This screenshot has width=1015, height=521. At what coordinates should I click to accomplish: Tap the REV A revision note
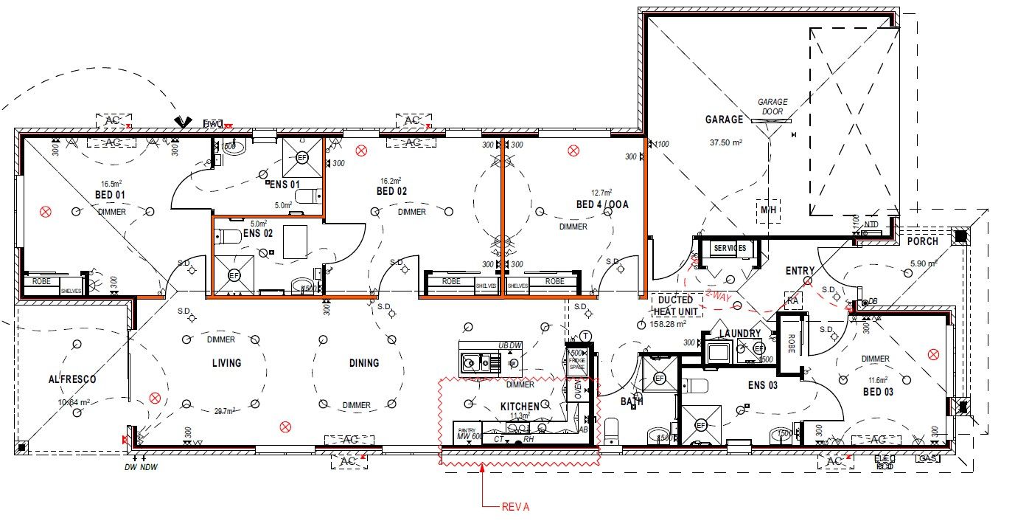tap(515, 506)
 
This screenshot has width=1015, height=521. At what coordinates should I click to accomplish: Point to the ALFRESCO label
tap(72, 379)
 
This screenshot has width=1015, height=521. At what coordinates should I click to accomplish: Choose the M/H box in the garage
tap(769, 209)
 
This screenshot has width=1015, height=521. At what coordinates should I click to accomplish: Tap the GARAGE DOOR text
tap(772, 106)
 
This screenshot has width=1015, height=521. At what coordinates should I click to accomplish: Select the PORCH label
tap(922, 241)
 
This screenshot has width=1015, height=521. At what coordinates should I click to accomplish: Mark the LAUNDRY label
tap(739, 334)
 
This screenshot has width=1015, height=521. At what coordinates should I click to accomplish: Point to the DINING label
tap(364, 363)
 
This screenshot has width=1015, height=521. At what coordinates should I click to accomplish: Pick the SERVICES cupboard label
tap(730, 248)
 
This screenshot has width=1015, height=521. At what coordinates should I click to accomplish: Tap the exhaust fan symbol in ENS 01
tap(302, 157)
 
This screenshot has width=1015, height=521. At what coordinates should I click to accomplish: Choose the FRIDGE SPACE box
tap(576, 360)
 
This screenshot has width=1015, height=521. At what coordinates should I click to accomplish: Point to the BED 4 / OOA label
tap(602, 204)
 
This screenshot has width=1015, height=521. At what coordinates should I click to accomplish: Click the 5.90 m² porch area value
tap(921, 263)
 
